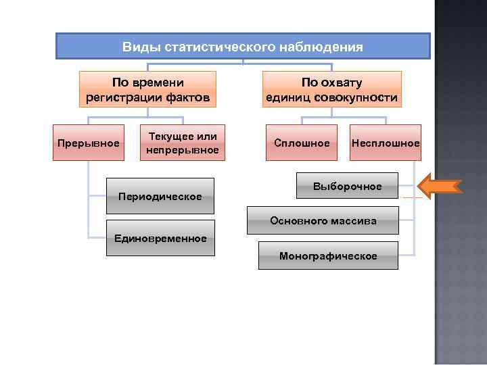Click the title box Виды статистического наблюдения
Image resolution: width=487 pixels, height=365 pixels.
point(242,47)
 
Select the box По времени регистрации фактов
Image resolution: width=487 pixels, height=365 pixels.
point(148,90)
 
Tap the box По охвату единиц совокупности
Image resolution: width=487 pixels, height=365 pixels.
point(331,90)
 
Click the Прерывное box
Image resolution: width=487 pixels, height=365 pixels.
point(89,143)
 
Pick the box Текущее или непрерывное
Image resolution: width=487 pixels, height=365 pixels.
point(183,143)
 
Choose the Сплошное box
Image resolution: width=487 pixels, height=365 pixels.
point(302,143)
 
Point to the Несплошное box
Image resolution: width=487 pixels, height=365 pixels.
point(386,143)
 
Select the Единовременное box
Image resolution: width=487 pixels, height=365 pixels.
point(160,238)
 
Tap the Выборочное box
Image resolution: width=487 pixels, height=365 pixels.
point(348,185)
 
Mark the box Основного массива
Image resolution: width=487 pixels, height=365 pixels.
point(323,220)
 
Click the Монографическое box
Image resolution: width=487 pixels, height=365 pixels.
point(328,255)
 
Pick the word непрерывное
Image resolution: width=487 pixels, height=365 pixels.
point(183,149)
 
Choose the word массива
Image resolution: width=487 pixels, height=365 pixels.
point(355,220)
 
